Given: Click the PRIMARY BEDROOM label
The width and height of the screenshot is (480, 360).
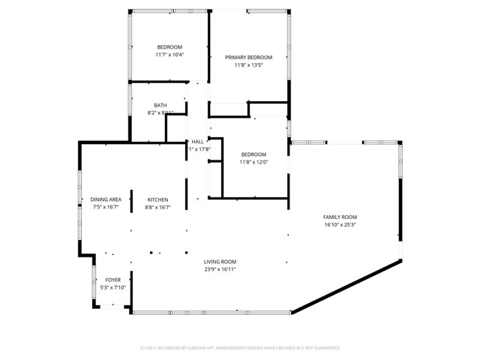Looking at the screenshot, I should click(248, 57).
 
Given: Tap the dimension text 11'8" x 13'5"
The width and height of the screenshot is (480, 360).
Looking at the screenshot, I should click(248, 64).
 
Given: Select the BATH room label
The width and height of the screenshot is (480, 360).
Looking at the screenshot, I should click(160, 105).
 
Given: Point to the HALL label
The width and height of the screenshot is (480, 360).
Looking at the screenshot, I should click(197, 141).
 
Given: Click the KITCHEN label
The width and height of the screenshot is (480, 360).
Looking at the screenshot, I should click(157, 199).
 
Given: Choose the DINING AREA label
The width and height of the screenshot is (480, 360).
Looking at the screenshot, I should click(106, 199).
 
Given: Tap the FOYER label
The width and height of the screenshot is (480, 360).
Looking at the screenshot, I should click(112, 280).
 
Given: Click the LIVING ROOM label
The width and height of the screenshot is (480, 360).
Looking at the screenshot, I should click(220, 262).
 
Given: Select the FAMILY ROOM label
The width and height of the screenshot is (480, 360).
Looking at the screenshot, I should click(340, 217).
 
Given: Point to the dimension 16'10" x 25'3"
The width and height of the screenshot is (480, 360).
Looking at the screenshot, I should click(340, 224).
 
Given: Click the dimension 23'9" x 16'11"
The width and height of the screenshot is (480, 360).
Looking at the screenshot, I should click(220, 269).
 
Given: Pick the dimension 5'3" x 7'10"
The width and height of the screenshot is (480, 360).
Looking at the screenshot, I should click(112, 287).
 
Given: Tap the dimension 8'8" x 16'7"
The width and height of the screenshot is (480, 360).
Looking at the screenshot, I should click(157, 207).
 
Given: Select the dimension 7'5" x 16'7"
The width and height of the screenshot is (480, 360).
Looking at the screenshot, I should click(106, 207).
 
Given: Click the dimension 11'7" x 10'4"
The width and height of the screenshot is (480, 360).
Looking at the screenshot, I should click(169, 55).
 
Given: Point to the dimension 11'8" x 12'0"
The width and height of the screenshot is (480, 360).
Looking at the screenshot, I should click(253, 162).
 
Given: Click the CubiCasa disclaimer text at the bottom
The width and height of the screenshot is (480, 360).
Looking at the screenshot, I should click(240, 348).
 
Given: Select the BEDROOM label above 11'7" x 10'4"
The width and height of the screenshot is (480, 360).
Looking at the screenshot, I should click(169, 47).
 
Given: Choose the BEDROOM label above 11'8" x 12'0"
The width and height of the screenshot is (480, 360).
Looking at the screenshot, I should click(253, 154).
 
